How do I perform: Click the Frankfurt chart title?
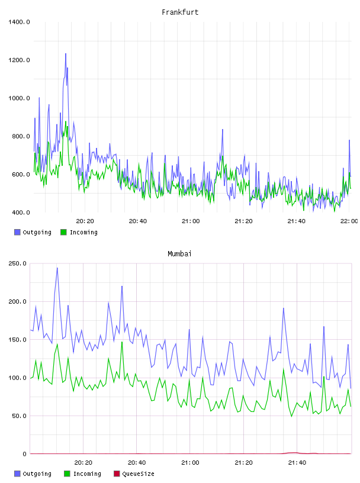[180, 12]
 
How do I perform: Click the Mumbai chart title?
[179, 254]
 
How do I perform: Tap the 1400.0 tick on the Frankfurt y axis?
[19, 22]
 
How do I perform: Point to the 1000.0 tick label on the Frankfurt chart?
[19, 98]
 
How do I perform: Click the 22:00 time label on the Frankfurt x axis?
[349, 221]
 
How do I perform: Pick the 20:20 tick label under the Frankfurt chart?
[85, 221]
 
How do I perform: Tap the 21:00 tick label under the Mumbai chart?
[190, 463]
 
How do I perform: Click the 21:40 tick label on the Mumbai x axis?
[297, 463]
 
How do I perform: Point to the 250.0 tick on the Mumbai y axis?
[18, 263]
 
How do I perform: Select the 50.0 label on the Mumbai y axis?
[19, 416]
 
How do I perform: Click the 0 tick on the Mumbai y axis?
[25, 454]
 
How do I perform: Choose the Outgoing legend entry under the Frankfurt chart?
[33, 232]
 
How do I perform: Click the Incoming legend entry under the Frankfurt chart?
[79, 232]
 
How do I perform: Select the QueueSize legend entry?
[134, 474]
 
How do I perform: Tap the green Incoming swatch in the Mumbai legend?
[67, 474]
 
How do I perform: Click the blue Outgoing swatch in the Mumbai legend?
[17, 474]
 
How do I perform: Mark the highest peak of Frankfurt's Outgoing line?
[66, 54]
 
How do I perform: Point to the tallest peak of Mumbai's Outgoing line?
[57, 268]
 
